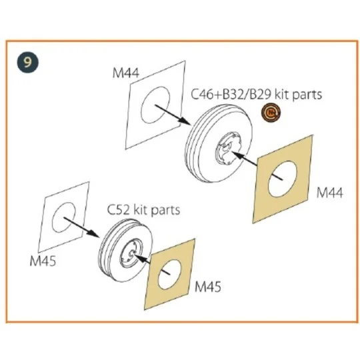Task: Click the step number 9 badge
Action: coord(28,62)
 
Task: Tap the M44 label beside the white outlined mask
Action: coord(126,73)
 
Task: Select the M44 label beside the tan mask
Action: coord(330,193)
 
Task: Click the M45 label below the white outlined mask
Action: coord(43,261)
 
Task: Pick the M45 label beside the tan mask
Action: coord(208,287)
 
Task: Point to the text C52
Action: coord(119,210)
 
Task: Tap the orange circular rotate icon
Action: coord(271,112)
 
